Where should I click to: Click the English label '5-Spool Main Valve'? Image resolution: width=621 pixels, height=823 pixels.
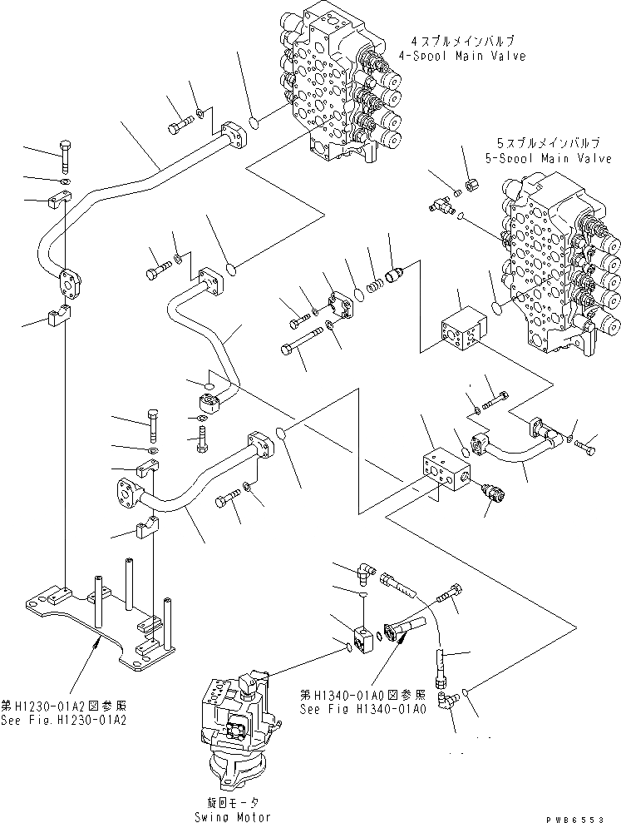tap(548, 158)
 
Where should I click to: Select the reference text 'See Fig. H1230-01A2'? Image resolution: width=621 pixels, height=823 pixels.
tap(65, 719)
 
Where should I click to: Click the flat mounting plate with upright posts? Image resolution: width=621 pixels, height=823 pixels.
tap(108, 616)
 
